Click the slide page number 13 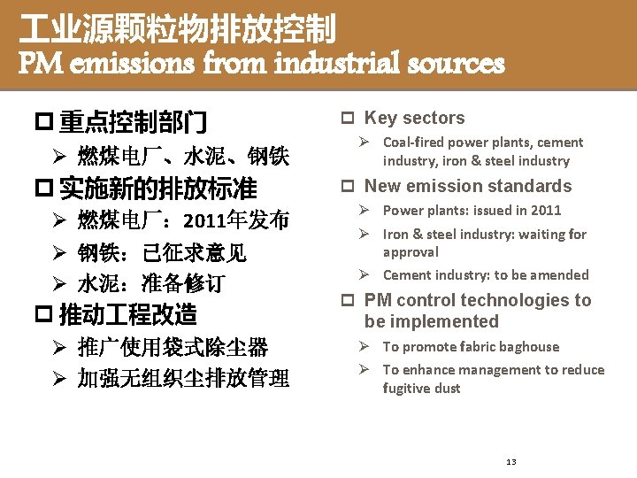tap(510, 462)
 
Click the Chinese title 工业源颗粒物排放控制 tap(178, 29)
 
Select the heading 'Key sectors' tap(414, 118)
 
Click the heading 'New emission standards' tap(468, 186)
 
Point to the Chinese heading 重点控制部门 tap(134, 120)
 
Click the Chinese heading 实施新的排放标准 tap(157, 189)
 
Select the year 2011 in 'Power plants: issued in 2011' tap(546, 210)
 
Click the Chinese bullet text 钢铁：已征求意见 tap(162, 253)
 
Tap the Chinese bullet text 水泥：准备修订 tap(151, 284)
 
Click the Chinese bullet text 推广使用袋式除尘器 tap(173, 347)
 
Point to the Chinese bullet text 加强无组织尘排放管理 tap(183, 379)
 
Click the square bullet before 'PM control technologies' tap(349, 301)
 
